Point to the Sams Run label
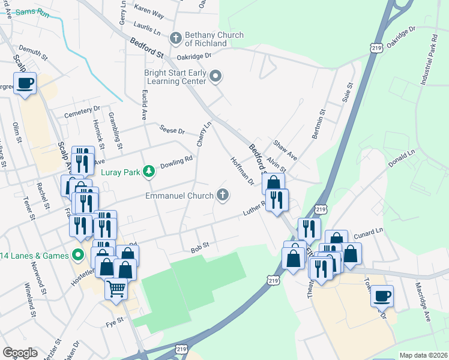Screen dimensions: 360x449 point(31,12)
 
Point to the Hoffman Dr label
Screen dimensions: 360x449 point(243,170)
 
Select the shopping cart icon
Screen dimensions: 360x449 point(116,289)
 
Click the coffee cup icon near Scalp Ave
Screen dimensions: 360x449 point(25,83)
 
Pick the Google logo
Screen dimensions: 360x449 point(20,353)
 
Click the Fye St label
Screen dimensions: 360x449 point(114,320)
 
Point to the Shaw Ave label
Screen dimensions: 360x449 point(285,150)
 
